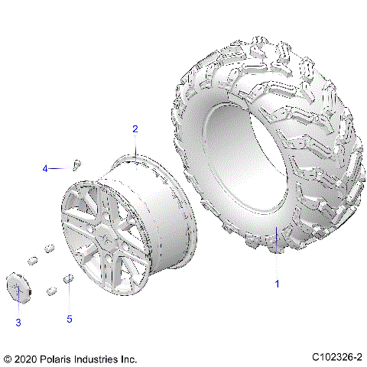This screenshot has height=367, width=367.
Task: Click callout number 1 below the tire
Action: pos(277,284)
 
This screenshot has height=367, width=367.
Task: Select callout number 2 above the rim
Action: pos(135,129)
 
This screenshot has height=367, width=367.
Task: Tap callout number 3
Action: pos(18,322)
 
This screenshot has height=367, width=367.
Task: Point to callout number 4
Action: pos(45,168)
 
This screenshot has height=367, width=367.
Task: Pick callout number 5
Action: pos(70,319)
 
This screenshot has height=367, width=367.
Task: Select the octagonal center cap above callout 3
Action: pos(18,284)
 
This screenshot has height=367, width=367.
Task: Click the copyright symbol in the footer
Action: pos(8,358)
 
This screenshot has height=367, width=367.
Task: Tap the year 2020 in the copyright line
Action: pos(26,358)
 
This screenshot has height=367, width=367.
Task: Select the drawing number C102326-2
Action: pos(336,358)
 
